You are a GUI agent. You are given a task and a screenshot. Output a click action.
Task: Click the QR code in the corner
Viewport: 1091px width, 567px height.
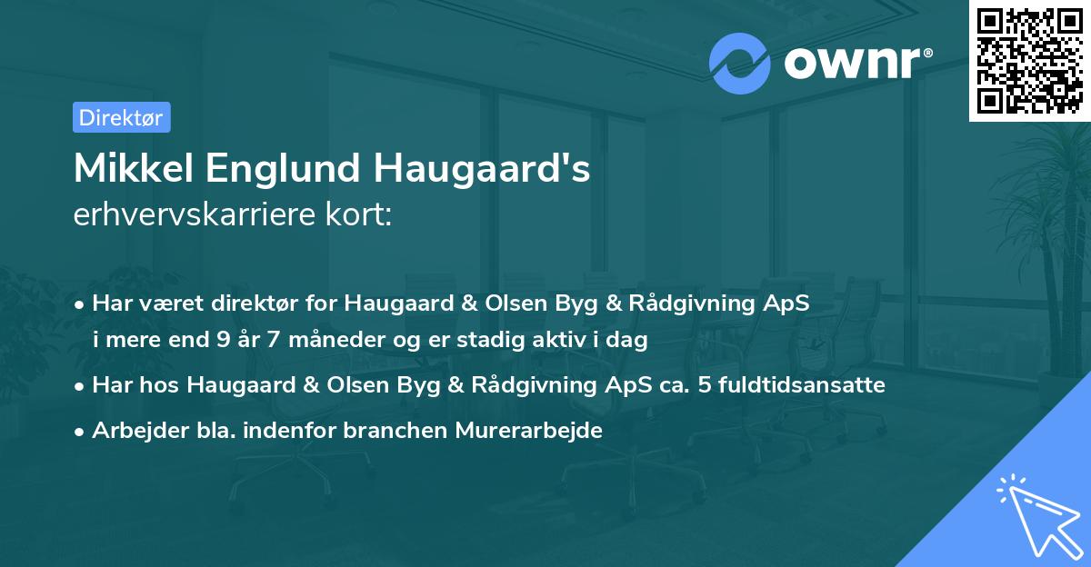click(x=1029, y=60)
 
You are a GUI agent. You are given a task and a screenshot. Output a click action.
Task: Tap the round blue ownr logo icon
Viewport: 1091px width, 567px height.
click(x=740, y=64)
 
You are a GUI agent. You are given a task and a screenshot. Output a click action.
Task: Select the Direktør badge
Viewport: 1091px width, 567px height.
click(x=121, y=117)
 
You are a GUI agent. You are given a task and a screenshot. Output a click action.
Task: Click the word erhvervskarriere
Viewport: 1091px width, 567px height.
click(x=190, y=216)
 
